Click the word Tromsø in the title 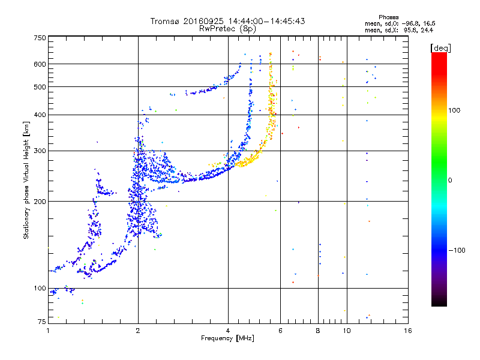tap(166, 21)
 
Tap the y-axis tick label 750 tap(40, 38)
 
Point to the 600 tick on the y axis tap(40, 64)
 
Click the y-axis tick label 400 tap(40, 115)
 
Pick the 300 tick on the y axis tap(40, 151)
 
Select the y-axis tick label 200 tap(40, 202)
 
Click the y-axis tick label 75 tap(41, 323)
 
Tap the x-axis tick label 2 tap(138, 331)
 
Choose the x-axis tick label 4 tap(228, 331)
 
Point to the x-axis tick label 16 tap(407, 331)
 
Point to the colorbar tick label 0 tap(451, 181)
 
